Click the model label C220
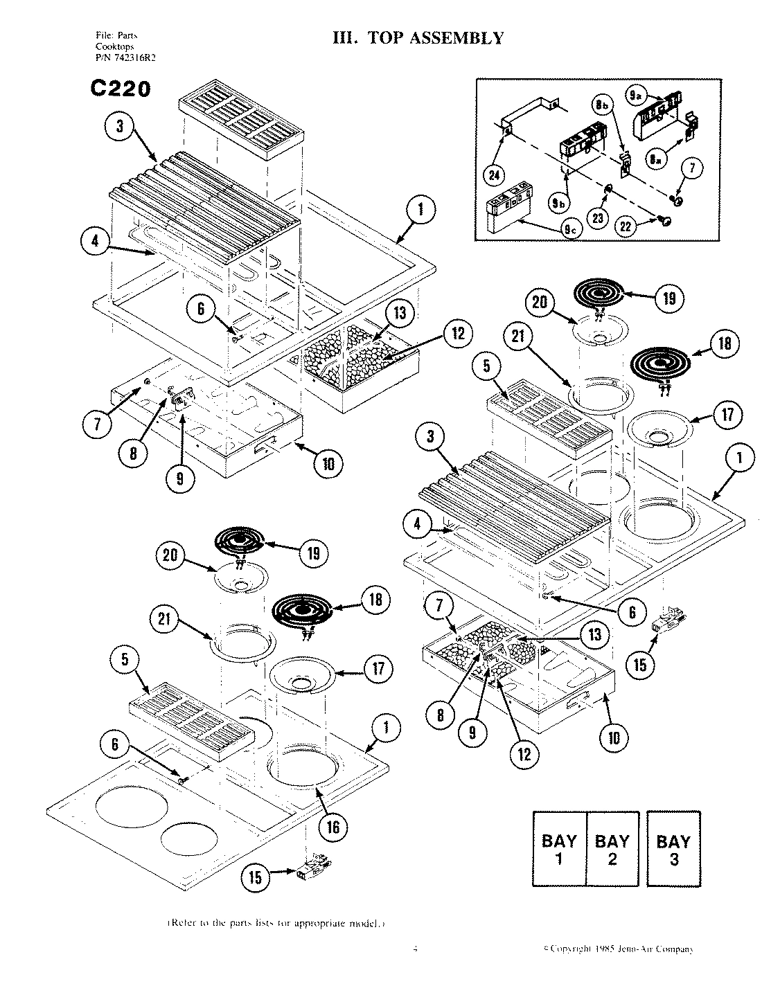tap(120, 89)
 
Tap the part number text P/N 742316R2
tap(125, 58)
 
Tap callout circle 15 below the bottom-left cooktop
tap(256, 877)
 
